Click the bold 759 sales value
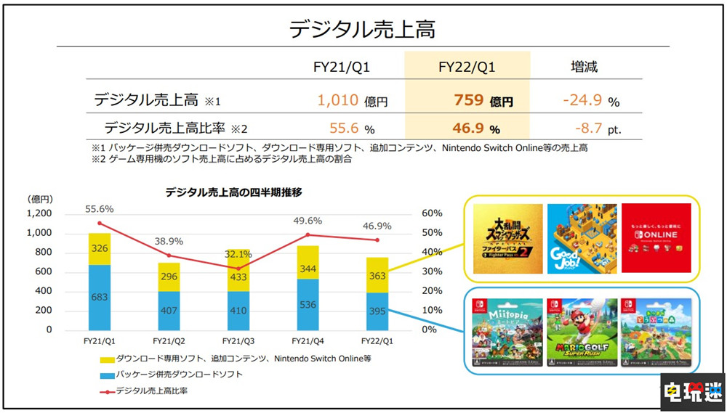point(468,100)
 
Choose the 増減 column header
point(584,68)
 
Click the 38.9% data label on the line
point(169,241)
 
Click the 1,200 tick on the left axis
point(39,213)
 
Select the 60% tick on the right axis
point(431,213)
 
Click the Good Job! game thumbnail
point(578,238)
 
